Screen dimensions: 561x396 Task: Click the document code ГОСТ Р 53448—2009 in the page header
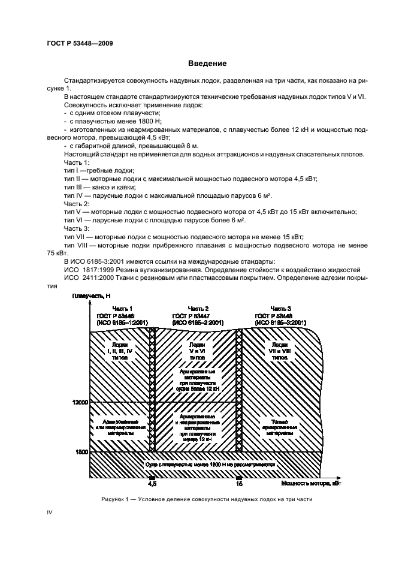[79, 43]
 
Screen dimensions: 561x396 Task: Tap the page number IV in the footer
[50, 512]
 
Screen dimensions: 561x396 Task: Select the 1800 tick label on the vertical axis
[81, 451]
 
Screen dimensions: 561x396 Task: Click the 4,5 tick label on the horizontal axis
[152, 482]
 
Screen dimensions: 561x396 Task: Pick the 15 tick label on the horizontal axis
[239, 482]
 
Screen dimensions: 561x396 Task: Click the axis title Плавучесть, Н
[91, 297]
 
